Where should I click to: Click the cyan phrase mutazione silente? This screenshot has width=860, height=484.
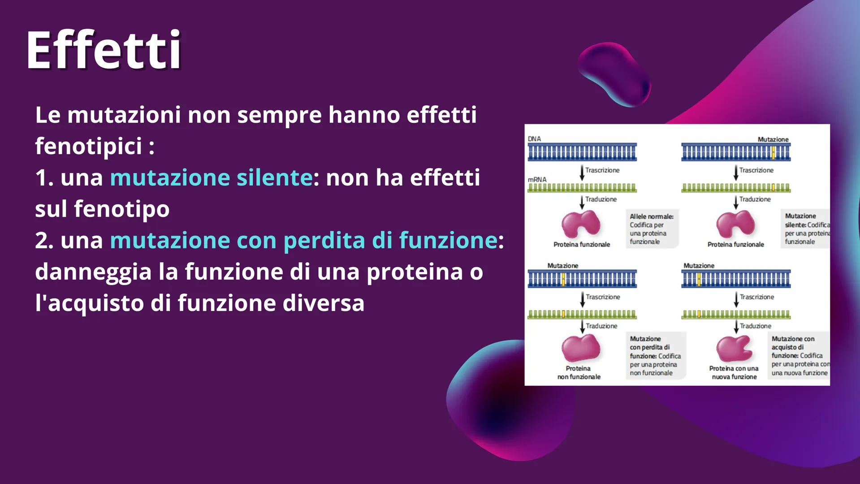click(x=211, y=177)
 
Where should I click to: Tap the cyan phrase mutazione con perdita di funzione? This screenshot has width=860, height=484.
click(x=303, y=240)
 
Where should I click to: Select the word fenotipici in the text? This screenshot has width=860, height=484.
click(x=88, y=146)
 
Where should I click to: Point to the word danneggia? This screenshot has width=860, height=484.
click(x=93, y=272)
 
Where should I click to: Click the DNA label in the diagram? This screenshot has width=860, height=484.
click(x=534, y=139)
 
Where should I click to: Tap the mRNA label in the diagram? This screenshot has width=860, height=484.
click(x=537, y=180)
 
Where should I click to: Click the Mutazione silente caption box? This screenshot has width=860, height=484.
click(x=806, y=229)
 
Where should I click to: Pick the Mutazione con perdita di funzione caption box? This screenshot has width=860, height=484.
click(x=655, y=356)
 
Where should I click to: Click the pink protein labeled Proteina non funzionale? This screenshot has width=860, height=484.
click(x=580, y=348)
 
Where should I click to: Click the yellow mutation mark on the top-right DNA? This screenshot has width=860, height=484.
click(x=773, y=153)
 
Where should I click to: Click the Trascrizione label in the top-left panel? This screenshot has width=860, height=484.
click(x=602, y=170)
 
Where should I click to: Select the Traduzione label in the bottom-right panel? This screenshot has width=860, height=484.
click(x=755, y=326)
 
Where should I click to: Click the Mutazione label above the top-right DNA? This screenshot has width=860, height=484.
click(x=773, y=139)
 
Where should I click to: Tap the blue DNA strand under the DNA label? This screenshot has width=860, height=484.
click(x=582, y=152)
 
